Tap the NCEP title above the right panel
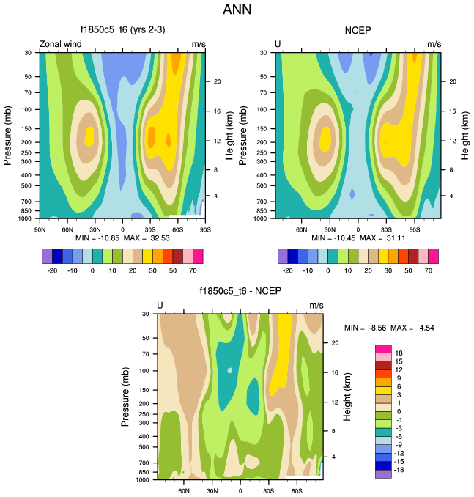coord(358,30)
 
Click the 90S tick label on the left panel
coord(206,229)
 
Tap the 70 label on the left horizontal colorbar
coord(193,270)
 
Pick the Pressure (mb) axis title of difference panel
coord(125,397)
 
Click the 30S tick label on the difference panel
coord(268,490)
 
